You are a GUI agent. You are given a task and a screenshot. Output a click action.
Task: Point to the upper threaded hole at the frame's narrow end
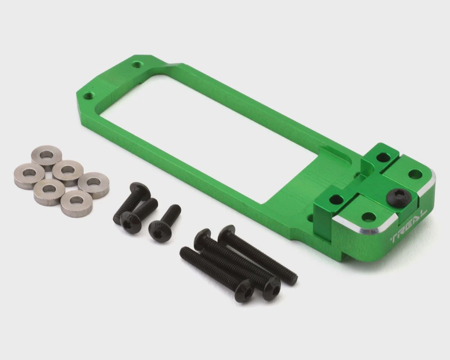click(x=137, y=64)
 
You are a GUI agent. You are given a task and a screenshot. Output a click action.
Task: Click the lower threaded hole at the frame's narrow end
click(x=88, y=96)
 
